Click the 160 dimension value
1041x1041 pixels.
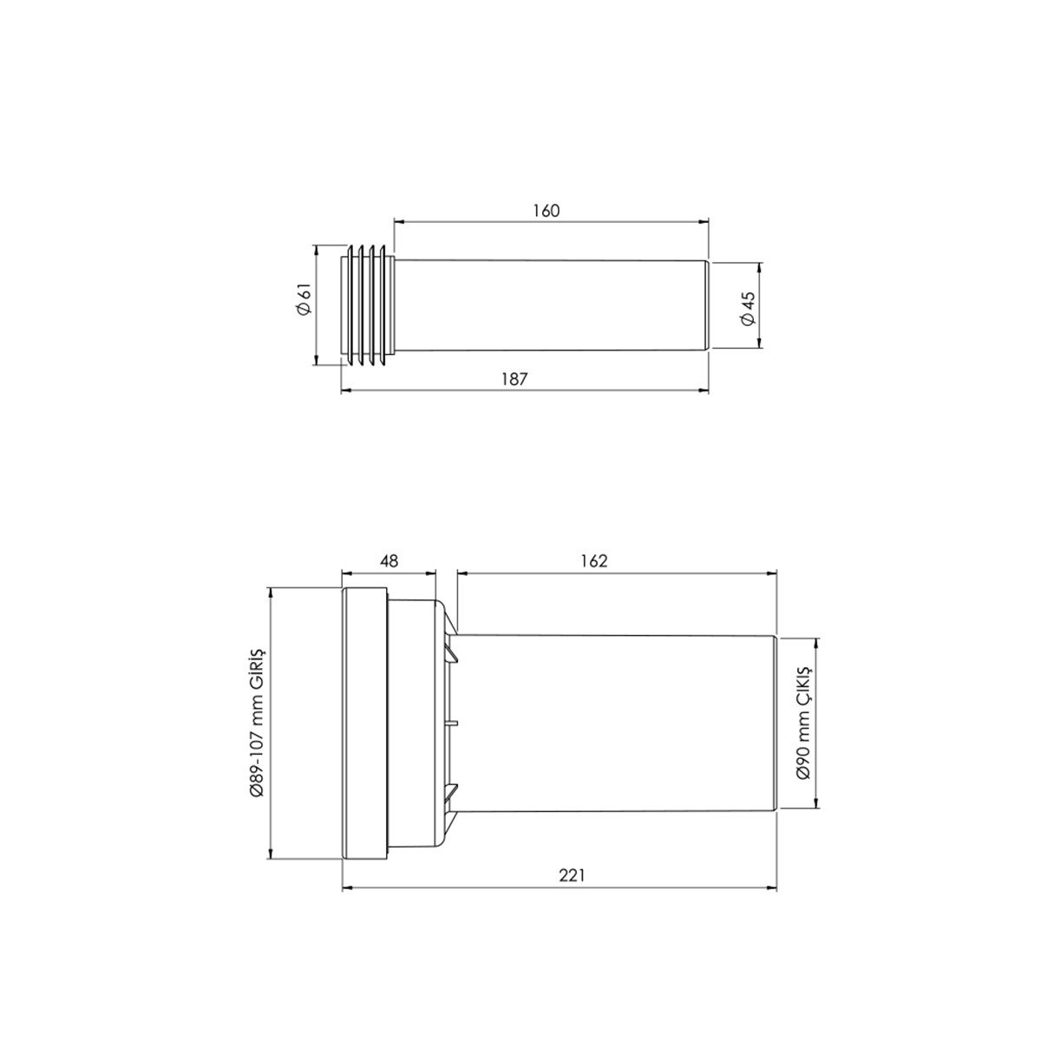547,211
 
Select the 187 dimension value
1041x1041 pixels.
514,379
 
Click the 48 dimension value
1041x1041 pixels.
389,561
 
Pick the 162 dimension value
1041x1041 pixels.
595,561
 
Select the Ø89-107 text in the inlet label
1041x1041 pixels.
257,768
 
